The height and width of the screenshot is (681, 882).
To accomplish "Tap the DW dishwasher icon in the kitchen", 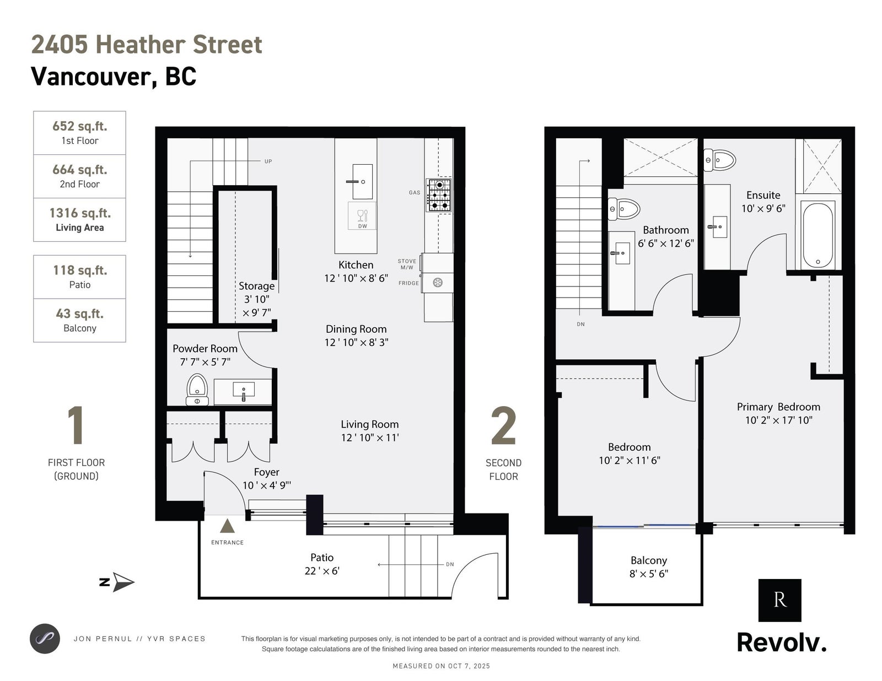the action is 362,216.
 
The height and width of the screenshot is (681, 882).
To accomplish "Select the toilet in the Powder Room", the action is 197,390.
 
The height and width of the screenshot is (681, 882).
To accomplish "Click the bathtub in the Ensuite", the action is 818,235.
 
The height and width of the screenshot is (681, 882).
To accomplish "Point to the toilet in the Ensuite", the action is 719,160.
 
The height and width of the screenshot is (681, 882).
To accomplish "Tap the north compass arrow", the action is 123,582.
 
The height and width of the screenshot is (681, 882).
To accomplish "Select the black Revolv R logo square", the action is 779,601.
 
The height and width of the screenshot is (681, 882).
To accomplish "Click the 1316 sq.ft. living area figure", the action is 80,213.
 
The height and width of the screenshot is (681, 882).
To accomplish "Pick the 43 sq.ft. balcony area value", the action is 80,314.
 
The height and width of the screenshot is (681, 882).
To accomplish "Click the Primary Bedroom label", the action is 778,407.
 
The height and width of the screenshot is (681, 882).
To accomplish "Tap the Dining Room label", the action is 356,329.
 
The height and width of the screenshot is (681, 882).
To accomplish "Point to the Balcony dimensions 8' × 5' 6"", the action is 649,574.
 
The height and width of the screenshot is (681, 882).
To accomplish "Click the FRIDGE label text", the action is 408,283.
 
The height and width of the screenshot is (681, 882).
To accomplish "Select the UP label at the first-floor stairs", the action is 268,161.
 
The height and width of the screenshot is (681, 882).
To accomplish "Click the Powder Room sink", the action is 244,391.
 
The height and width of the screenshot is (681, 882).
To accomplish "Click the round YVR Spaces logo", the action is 45,639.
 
